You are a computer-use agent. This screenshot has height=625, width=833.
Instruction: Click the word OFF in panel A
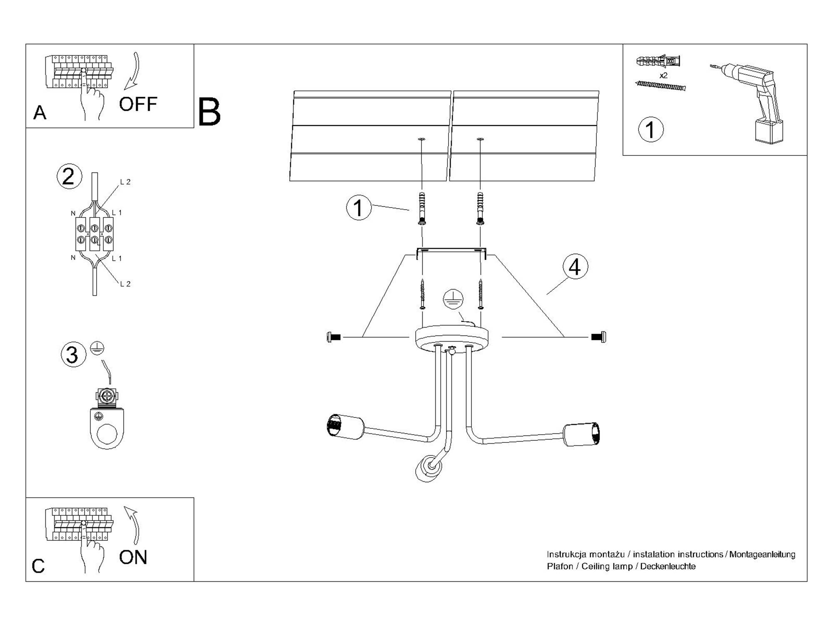click(138, 104)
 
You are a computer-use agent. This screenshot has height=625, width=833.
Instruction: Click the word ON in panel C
click(133, 557)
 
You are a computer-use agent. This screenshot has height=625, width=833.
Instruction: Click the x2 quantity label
click(663, 75)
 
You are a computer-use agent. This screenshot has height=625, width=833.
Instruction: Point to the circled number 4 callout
click(575, 267)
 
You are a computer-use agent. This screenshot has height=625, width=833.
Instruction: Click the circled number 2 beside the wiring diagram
click(69, 176)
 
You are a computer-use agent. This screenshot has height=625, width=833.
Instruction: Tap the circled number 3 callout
click(73, 355)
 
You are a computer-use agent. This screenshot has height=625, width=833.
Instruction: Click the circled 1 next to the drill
click(651, 130)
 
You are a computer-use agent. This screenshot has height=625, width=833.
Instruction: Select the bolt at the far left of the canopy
click(334, 337)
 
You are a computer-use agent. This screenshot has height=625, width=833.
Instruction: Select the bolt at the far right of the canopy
click(599, 337)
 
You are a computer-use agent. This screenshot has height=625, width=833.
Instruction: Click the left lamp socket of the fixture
click(345, 426)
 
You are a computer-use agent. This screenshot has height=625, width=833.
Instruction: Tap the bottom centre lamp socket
click(428, 469)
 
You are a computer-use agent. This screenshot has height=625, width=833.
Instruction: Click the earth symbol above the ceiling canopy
click(453, 299)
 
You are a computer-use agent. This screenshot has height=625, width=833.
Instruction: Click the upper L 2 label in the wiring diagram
click(125, 182)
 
